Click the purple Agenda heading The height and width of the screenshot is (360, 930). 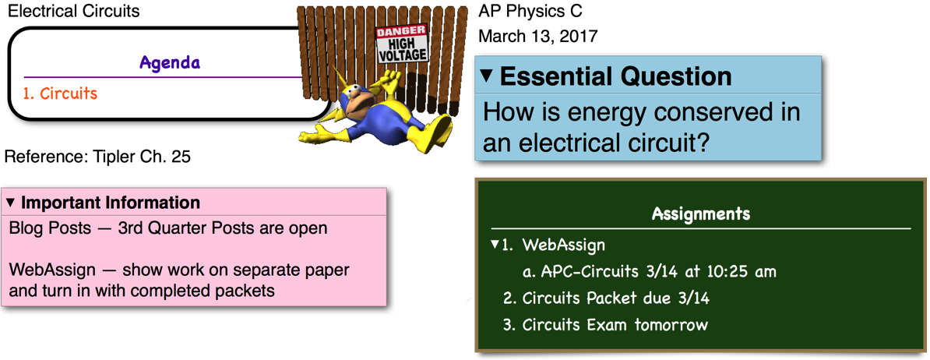pyautogui.click(x=170, y=63)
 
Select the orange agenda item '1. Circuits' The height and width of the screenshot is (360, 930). pyautogui.click(x=60, y=93)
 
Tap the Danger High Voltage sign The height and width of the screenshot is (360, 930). pyautogui.click(x=402, y=44)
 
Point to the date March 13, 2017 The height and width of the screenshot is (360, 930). pyautogui.click(x=538, y=36)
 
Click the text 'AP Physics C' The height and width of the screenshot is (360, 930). pyautogui.click(x=530, y=11)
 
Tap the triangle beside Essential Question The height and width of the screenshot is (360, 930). pyautogui.click(x=486, y=76)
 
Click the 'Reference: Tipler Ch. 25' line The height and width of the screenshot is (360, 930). pyautogui.click(x=98, y=157)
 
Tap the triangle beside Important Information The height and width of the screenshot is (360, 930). pyautogui.click(x=10, y=203)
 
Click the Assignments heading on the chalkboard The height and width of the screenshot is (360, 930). pyautogui.click(x=700, y=214)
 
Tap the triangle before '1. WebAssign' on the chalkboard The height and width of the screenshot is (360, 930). pyautogui.click(x=495, y=244)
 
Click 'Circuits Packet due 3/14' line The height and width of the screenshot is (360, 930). pyautogui.click(x=615, y=298)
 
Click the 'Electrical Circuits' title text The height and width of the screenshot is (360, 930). pyautogui.click(x=73, y=11)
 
